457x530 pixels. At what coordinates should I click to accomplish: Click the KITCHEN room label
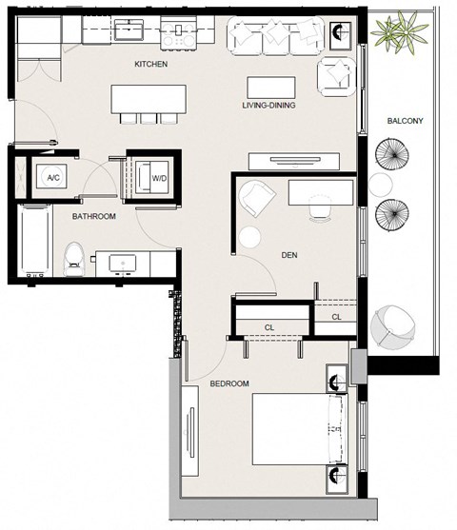(150, 64)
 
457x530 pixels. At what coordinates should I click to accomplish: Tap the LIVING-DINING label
(268, 105)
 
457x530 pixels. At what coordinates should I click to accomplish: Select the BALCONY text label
(406, 121)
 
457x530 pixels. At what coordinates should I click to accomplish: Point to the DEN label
(289, 255)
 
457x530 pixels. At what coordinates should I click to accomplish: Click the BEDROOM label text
(229, 383)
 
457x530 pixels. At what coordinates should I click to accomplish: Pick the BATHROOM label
(94, 216)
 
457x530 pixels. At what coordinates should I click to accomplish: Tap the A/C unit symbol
(51, 177)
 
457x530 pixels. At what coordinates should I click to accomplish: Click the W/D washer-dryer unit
(152, 177)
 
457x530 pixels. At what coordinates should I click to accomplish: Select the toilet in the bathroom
(73, 259)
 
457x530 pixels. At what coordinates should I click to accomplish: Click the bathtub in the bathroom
(35, 240)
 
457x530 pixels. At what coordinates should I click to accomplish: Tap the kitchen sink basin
(129, 29)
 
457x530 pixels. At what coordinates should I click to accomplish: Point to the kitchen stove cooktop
(179, 32)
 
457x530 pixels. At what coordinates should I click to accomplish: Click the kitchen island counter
(149, 99)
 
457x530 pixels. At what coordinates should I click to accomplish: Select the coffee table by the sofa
(271, 88)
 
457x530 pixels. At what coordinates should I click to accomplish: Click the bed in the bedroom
(300, 429)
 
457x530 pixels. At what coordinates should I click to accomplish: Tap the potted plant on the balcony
(400, 31)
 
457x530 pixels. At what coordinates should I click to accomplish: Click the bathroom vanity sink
(123, 263)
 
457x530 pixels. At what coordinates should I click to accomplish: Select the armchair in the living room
(336, 77)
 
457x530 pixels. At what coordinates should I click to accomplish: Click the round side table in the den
(249, 237)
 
